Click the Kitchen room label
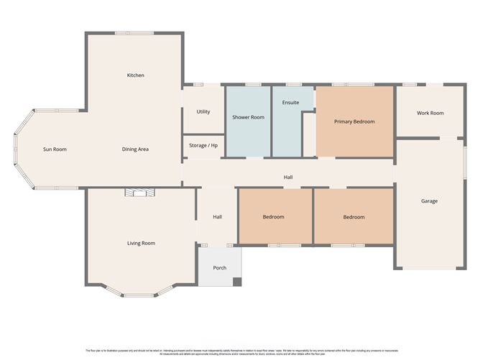[x=136, y=75]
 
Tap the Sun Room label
[x=55, y=149]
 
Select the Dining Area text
[x=135, y=149]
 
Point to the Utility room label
[x=203, y=112]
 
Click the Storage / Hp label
[x=203, y=146]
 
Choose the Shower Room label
[x=248, y=117]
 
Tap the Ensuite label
[x=290, y=103]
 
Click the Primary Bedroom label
[x=354, y=122]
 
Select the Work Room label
[x=430, y=113]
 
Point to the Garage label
[x=429, y=201]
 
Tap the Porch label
[x=220, y=268]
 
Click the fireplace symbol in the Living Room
[x=139, y=192]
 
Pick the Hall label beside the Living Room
[x=217, y=217]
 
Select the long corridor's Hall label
[x=287, y=177]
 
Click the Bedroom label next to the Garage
[x=353, y=217]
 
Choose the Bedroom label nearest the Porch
[x=273, y=217]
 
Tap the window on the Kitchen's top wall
[x=134, y=32]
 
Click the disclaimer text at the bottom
[x=240, y=351]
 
